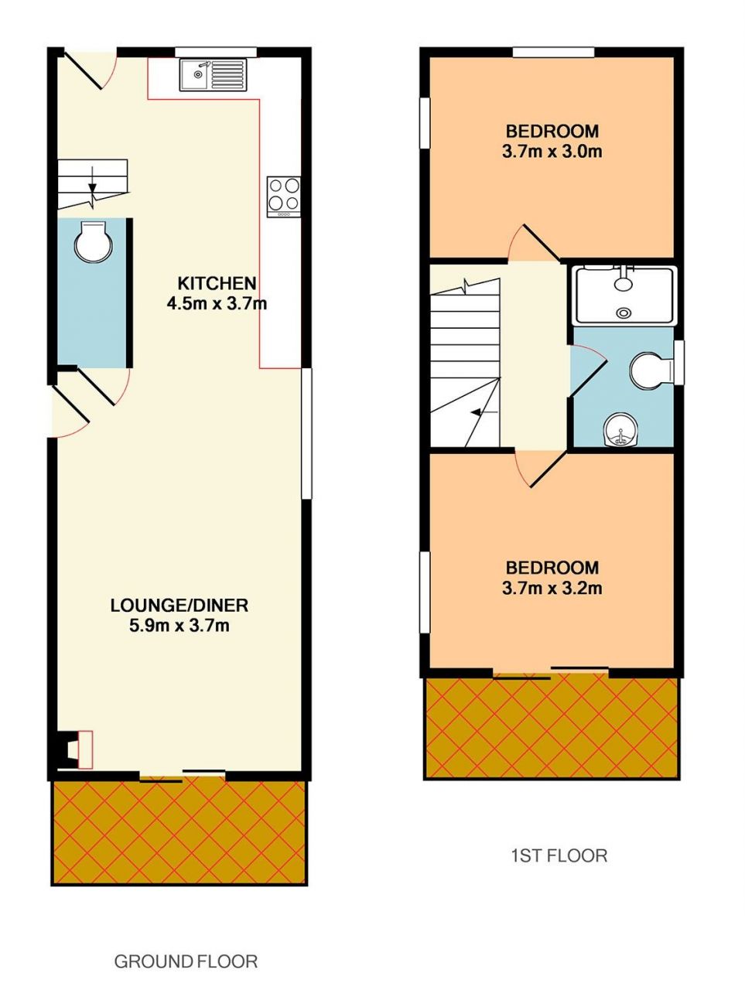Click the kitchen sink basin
tap(194, 74)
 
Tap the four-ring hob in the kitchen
tap(284, 196)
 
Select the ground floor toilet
tap(94, 242)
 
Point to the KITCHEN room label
tap(217, 283)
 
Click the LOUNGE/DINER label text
tap(179, 606)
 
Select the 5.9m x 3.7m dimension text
tap(179, 626)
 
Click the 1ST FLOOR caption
tap(559, 855)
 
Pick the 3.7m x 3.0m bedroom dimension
tap(552, 151)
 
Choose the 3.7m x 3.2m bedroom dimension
tap(552, 588)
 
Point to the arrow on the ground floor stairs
tap(93, 180)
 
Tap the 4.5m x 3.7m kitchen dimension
tap(217, 303)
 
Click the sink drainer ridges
tap(227, 74)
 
